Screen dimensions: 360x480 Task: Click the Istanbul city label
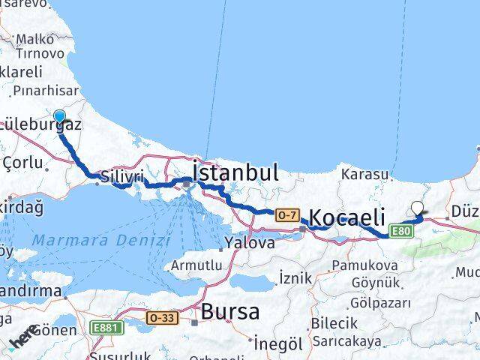(235, 172)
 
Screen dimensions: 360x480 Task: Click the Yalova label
(250, 243)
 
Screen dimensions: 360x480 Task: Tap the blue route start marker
(60, 117)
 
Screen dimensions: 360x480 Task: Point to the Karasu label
(364, 174)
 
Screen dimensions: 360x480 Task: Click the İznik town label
(295, 277)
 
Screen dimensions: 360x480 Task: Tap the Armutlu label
(196, 265)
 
